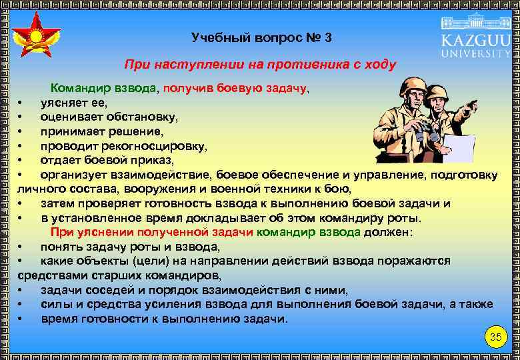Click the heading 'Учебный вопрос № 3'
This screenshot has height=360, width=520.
tap(261, 37)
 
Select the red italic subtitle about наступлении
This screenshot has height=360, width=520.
tap(260, 65)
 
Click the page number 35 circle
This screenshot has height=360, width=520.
tap(495, 337)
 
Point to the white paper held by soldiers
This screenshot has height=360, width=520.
tap(459, 148)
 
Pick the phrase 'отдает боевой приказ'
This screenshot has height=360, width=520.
tap(107, 160)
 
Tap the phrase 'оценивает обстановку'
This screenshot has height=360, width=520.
tap(109, 117)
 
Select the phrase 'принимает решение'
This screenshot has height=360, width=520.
tap(101, 131)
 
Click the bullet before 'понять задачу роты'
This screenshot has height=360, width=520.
tap(21, 247)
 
